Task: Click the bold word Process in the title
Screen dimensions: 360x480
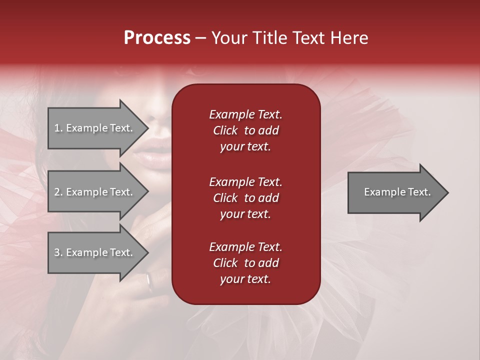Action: tap(157, 38)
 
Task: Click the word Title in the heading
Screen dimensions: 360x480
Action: tap(269, 38)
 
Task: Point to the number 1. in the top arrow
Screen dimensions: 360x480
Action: tap(58, 128)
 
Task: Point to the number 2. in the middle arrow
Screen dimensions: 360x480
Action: tap(58, 192)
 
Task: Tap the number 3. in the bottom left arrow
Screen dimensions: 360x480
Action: tap(58, 252)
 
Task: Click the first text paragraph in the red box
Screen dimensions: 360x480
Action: tap(245, 130)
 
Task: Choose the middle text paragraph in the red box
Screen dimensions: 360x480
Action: tap(245, 198)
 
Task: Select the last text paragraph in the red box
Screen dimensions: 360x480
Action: tap(245, 263)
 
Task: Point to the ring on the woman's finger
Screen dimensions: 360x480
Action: tap(149, 282)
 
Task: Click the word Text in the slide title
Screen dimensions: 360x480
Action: tap(307, 38)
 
